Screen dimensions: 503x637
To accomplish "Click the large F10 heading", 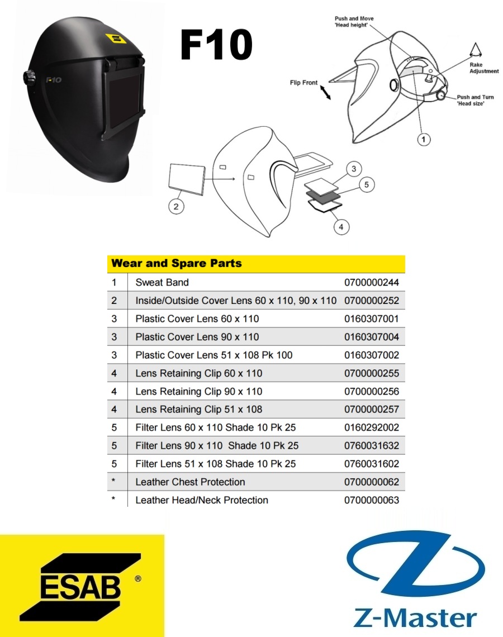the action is [216, 45].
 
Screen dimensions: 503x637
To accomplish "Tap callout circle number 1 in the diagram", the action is [424, 139].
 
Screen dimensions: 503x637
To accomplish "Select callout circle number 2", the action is [176, 206].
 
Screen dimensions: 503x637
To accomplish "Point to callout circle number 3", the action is [354, 169].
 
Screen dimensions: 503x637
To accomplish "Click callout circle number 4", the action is [341, 227].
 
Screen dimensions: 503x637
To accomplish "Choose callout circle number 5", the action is [367, 184].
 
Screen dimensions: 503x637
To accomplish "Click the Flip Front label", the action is [303, 83].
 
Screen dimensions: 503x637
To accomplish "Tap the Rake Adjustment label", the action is [484, 68].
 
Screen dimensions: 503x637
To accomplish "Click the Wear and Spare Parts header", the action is [177, 263].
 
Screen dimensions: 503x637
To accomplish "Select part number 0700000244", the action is [372, 282].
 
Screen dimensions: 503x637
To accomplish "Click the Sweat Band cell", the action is [162, 282].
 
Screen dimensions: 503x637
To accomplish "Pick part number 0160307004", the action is [372, 337].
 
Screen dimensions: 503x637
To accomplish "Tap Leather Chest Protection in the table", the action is [190, 482].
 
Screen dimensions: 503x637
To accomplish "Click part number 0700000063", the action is [372, 500].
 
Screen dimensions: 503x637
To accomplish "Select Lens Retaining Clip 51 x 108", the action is [198, 409].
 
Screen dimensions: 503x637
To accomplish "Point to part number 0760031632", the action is [372, 446].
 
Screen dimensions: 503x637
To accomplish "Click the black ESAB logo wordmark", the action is [80, 587].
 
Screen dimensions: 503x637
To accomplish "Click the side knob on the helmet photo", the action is [29, 77].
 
